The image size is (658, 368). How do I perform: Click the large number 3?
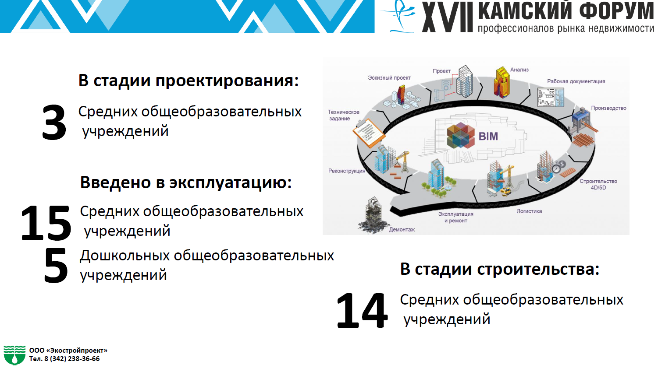pos(54,123)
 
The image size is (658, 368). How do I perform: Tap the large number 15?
pos(46,223)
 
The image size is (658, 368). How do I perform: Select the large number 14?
pos(362,310)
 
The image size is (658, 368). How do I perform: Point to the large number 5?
pos(56,266)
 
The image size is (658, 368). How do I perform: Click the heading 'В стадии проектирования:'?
pos(189,81)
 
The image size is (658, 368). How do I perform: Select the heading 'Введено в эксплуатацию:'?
pos(186,182)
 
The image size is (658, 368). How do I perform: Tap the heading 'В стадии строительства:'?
pos(500,269)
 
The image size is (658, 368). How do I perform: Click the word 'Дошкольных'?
pos(125,256)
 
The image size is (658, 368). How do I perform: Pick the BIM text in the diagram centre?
pos(488,137)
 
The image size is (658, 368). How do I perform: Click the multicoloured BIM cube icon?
pos(461,136)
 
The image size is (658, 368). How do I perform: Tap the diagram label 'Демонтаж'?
pos(402,230)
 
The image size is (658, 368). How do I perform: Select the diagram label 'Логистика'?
pos(530,211)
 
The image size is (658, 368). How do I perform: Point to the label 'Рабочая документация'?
pos(576,81)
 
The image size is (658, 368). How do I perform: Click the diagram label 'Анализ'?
pos(519,70)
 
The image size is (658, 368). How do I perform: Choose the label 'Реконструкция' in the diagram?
pos(347,171)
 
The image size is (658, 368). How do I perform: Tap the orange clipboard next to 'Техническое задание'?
pos(369,133)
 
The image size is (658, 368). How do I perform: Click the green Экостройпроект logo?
pos(14,355)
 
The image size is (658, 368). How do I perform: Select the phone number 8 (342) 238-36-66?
pos(72,359)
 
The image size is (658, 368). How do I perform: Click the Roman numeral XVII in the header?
pos(448,17)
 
